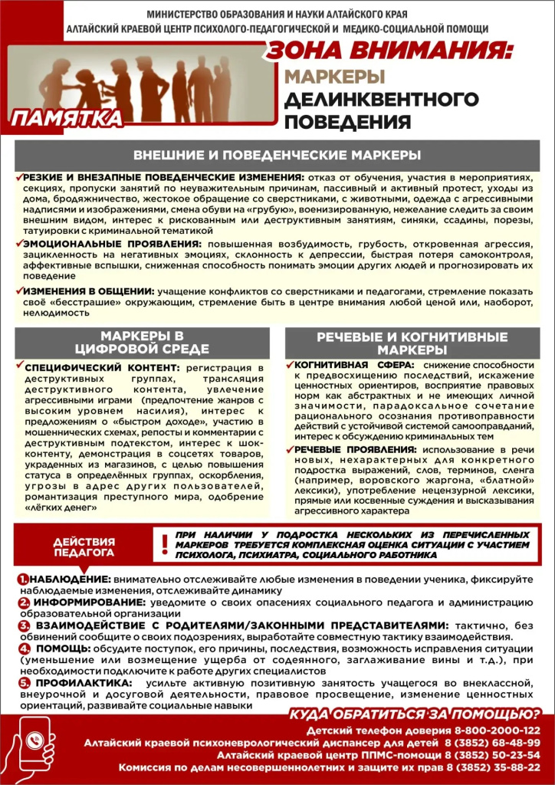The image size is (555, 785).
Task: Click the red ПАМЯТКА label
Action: pyautogui.click(x=67, y=118)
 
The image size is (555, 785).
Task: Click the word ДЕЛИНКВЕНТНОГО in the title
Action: pyautogui.click(x=381, y=100)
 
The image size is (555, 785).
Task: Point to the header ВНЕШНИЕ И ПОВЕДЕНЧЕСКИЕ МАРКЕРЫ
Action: pyautogui.click(x=277, y=155)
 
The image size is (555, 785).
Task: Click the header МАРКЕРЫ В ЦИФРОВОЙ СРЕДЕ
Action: pyautogui.click(x=143, y=343)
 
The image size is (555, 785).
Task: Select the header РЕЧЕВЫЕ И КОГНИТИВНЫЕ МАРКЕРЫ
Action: pyautogui.click(x=412, y=343)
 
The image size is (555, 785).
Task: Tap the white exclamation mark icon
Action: pyautogui.click(x=163, y=545)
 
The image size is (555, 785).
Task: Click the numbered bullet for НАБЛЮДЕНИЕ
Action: pyautogui.click(x=25, y=579)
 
